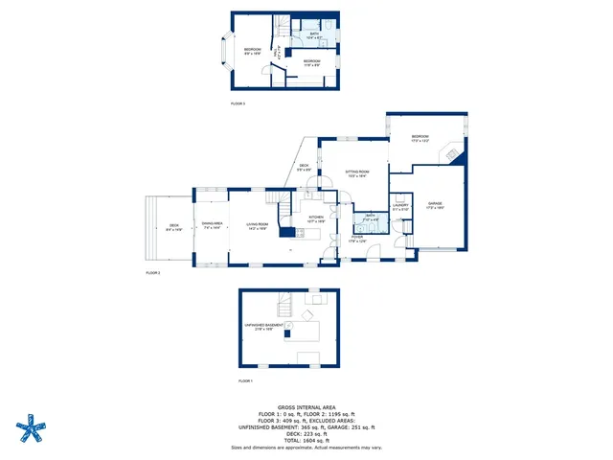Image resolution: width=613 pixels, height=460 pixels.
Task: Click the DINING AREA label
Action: (x=213, y=226)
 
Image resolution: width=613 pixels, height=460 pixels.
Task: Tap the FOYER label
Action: (x=356, y=239)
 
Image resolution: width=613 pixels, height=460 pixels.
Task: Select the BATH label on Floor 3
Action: (x=314, y=35)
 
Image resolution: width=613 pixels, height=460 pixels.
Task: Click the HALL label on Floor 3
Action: (x=278, y=54)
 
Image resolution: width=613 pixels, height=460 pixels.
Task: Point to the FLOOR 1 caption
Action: (x=245, y=381)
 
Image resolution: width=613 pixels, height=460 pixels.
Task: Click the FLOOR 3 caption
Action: (x=238, y=103)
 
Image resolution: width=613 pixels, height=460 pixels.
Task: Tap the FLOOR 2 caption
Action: (x=152, y=273)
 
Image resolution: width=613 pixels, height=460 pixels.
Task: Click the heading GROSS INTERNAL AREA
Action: (x=306, y=406)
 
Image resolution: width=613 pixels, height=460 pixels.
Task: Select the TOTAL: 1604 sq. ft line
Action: (x=306, y=439)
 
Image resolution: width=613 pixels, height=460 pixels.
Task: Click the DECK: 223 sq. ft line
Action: (x=306, y=432)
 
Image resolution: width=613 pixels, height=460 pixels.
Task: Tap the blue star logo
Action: (x=33, y=428)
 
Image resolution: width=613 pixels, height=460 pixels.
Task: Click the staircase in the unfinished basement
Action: (x=284, y=307)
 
